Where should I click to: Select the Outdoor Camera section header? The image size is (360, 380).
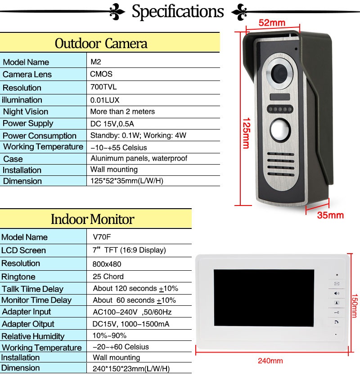pyautogui.click(x=101, y=43)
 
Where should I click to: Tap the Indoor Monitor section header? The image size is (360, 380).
pyautogui.click(x=92, y=219)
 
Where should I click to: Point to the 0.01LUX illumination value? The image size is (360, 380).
pyautogui.click(x=105, y=99)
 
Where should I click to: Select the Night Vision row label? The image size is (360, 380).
pyautogui.click(x=25, y=112)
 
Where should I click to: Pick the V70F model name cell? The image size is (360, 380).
pyautogui.click(x=101, y=237)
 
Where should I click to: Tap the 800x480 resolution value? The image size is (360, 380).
pyautogui.click(x=107, y=264)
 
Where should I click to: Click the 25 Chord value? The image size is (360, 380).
pyautogui.click(x=108, y=276)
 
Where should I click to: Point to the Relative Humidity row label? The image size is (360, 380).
pyautogui.click(x=33, y=336)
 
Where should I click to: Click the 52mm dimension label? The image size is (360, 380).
pyautogui.click(x=272, y=22)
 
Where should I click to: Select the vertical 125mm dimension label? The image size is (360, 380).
pyautogui.click(x=245, y=133)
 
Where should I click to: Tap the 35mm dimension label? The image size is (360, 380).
pyautogui.click(x=330, y=215)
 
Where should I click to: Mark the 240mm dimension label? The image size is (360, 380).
pyautogui.click(x=270, y=360)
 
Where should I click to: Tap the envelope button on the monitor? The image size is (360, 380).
pyautogui.click(x=336, y=284)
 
